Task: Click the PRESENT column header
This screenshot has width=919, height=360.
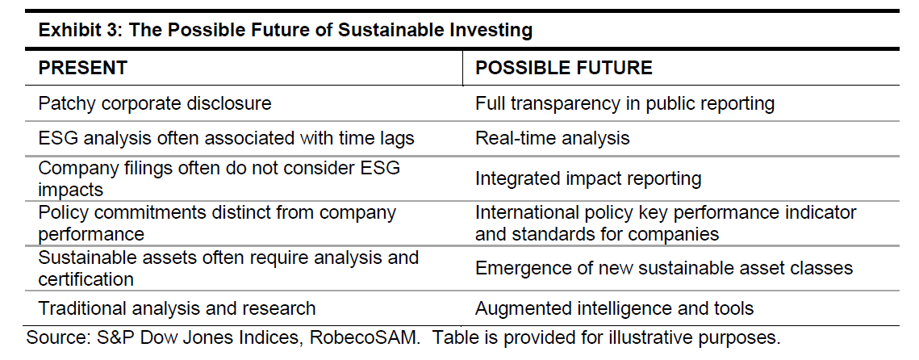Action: click(82, 68)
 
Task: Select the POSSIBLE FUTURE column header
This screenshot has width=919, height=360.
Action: click(564, 68)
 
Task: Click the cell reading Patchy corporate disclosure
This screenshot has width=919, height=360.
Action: click(155, 104)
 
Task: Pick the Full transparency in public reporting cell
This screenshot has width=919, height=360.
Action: click(625, 104)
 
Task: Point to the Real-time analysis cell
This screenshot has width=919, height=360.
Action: click(552, 138)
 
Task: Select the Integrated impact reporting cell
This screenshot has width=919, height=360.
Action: click(588, 178)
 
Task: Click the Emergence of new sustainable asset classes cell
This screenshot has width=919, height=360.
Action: click(663, 268)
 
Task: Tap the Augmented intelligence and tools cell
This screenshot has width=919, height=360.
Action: click(614, 308)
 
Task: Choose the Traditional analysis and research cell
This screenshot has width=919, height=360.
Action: click(177, 308)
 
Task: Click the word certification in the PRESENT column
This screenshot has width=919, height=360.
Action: click(86, 279)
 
